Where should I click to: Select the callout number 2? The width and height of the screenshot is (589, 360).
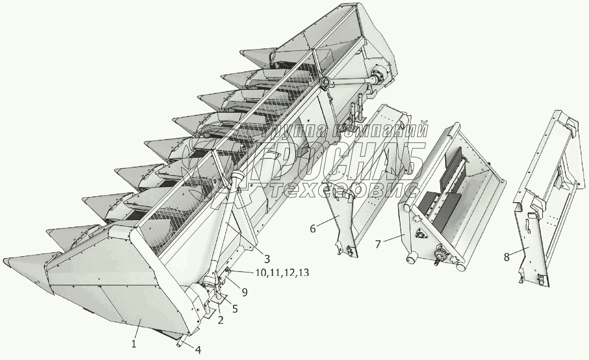220,320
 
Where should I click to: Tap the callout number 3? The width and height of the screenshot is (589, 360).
266,258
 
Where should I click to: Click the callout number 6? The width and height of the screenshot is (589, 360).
312,228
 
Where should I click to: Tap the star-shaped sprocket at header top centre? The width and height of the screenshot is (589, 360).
326,82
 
